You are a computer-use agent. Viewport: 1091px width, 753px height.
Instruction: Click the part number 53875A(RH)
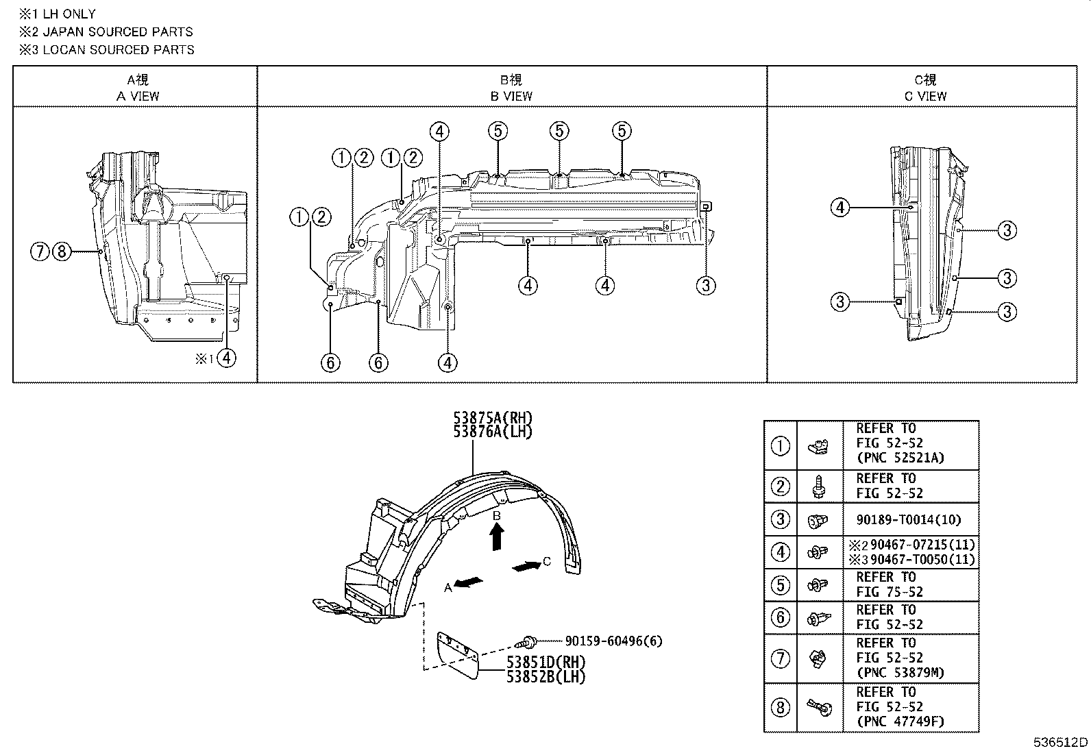(492, 418)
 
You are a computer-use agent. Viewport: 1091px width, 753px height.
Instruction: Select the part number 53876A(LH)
(492, 432)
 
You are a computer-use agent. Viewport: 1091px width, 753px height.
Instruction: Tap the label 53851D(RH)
(545, 663)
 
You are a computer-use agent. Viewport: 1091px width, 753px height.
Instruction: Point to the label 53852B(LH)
(545, 676)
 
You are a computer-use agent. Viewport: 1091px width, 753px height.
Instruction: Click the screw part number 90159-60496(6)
(613, 641)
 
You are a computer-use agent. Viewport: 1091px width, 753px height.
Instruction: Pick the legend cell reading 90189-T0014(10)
(909, 520)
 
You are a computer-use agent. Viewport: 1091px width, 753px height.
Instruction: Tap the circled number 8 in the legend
(781, 707)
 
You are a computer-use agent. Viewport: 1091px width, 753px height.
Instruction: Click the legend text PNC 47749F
(900, 721)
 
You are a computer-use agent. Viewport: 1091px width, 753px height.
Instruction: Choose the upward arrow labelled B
(498, 536)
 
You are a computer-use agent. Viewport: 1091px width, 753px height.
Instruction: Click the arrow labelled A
(469, 582)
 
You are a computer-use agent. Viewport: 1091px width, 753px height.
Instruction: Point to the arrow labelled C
(526, 567)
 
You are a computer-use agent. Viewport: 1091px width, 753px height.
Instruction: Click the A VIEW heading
(137, 97)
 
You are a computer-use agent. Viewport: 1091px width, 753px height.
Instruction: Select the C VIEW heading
(925, 97)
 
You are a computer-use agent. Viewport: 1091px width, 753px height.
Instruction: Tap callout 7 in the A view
(40, 252)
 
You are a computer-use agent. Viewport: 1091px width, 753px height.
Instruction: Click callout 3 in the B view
(706, 285)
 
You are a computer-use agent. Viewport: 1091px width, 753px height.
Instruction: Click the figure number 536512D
(1061, 743)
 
